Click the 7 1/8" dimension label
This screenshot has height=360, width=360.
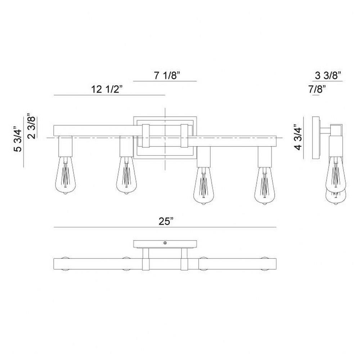(167, 75)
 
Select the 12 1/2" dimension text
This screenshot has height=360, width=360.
(107, 89)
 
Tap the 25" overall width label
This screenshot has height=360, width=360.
(166, 221)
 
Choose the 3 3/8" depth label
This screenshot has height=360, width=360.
(328, 75)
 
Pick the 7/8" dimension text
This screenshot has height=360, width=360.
(317, 89)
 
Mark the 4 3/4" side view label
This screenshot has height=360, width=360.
(298, 137)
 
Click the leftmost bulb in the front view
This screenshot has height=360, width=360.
(66, 175)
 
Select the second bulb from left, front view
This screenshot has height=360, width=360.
(126, 175)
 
